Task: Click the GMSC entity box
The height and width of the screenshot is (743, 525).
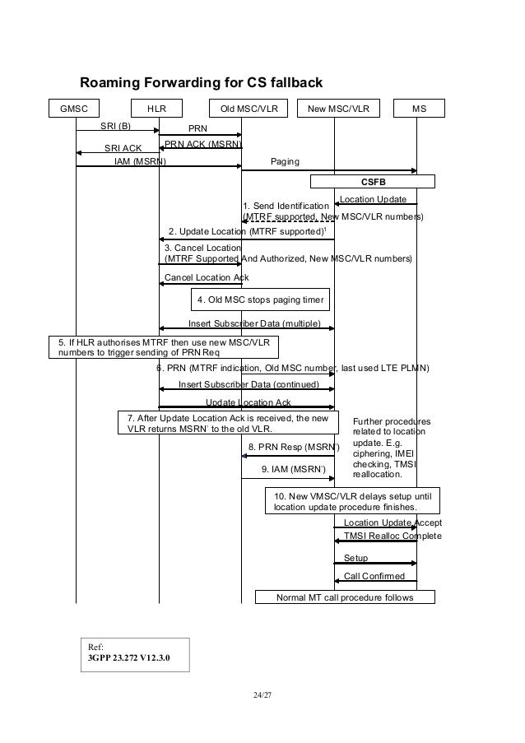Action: click(75, 109)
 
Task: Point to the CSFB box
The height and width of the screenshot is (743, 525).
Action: click(372, 181)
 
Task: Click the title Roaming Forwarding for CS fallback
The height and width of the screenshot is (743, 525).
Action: click(201, 83)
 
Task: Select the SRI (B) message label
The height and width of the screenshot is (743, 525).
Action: click(116, 126)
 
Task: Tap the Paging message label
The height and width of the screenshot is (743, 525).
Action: click(285, 162)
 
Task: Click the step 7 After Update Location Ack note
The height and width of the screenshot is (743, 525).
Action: click(228, 423)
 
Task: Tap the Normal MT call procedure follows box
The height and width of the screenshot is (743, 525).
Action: click(345, 597)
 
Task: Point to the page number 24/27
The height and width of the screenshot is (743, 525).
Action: click(262, 696)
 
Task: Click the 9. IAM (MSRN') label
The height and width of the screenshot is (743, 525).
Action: click(293, 470)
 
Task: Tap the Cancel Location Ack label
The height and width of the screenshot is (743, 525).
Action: click(207, 277)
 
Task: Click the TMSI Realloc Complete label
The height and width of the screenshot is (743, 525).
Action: click(392, 536)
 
